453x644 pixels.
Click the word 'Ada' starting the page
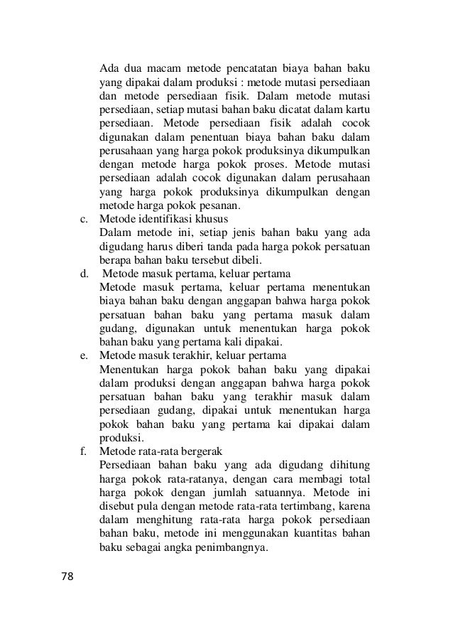(109, 69)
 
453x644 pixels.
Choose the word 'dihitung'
(347, 465)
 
